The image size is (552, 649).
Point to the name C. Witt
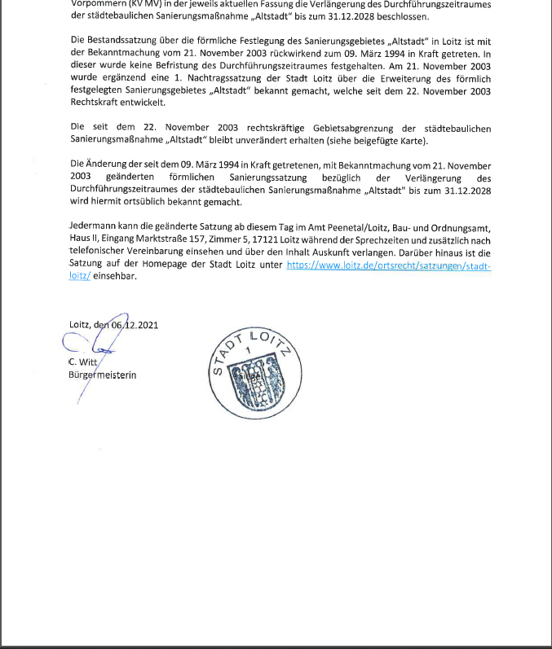tap(83, 362)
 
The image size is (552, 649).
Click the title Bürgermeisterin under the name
tap(103, 375)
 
